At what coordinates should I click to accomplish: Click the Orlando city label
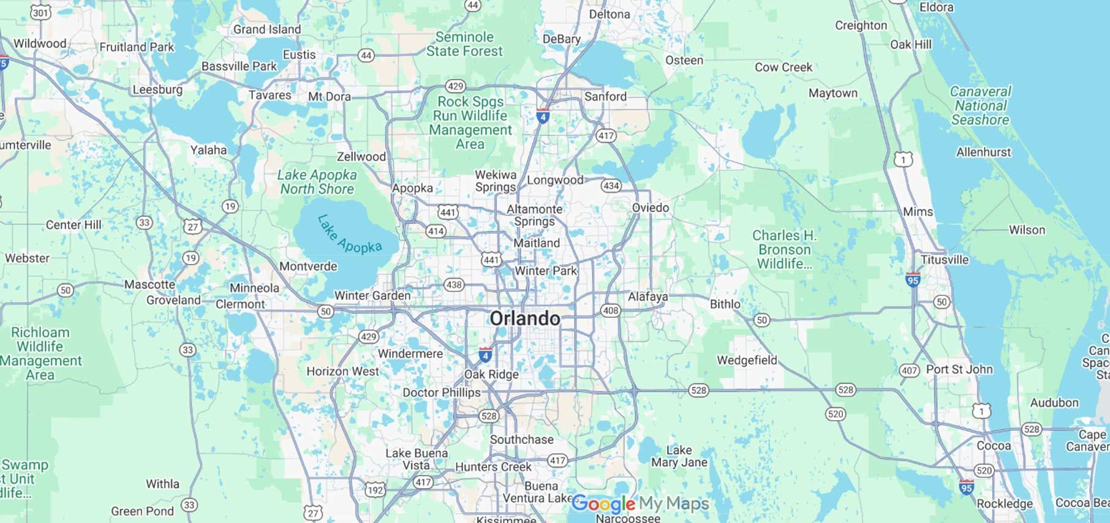[x=525, y=318]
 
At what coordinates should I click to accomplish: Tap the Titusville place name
[x=945, y=260]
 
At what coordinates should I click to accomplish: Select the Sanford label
[x=605, y=96]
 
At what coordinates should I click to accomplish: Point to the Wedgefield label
[x=747, y=360]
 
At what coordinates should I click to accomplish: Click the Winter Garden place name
[x=372, y=295]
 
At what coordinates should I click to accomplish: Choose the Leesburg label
[x=157, y=89]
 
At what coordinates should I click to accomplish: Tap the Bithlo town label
[x=725, y=304]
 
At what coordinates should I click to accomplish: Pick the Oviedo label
[x=651, y=208]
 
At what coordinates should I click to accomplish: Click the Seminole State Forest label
[x=464, y=44]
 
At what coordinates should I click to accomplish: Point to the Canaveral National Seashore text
[x=980, y=105]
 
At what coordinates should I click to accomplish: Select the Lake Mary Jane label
[x=679, y=456]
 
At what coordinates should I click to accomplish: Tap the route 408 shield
[x=611, y=310]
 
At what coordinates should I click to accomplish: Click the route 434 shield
[x=611, y=186]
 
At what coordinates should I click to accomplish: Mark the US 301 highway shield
[x=40, y=12]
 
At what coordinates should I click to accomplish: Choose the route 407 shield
[x=909, y=371]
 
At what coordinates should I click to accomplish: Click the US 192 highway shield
[x=375, y=490]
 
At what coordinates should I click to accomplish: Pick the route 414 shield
[x=436, y=231]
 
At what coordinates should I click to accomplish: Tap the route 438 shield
[x=453, y=285]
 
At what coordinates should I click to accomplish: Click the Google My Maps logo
[x=640, y=504]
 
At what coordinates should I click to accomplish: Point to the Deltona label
[x=609, y=14]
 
